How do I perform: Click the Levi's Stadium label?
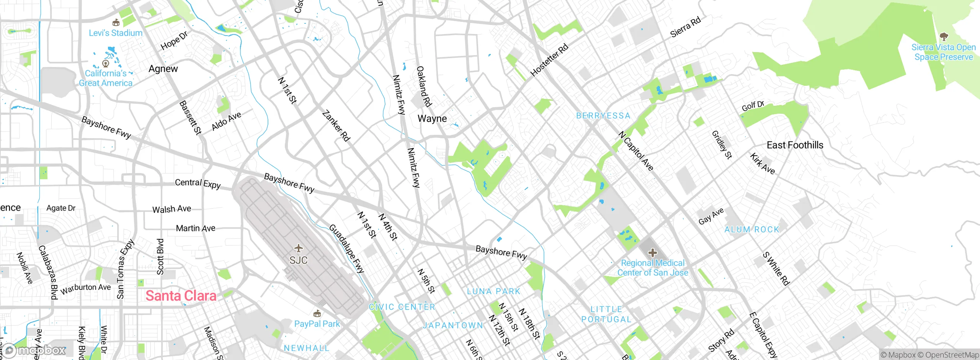click(x=115, y=33)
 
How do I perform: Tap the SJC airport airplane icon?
click(x=298, y=249)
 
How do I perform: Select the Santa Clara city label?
click(x=181, y=296)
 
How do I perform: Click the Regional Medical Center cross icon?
click(x=653, y=253)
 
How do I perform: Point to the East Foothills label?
click(x=795, y=145)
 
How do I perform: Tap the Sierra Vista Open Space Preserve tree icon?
click(x=944, y=37)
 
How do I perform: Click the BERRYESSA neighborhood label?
click(x=603, y=116)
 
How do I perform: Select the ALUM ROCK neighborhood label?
click(x=752, y=229)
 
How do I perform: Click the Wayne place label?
click(x=432, y=119)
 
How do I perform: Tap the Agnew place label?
click(x=163, y=69)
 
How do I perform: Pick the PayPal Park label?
click(x=317, y=324)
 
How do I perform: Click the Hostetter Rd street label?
click(x=549, y=61)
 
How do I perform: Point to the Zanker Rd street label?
click(x=336, y=126)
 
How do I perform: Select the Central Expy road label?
click(x=198, y=183)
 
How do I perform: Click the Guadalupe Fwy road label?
click(x=346, y=249)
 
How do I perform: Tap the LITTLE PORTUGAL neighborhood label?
click(x=606, y=314)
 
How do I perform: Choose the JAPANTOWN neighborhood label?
click(x=453, y=326)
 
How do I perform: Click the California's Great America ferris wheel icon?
click(x=106, y=63)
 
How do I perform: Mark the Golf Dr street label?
click(x=753, y=106)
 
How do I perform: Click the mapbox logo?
click(x=34, y=350)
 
